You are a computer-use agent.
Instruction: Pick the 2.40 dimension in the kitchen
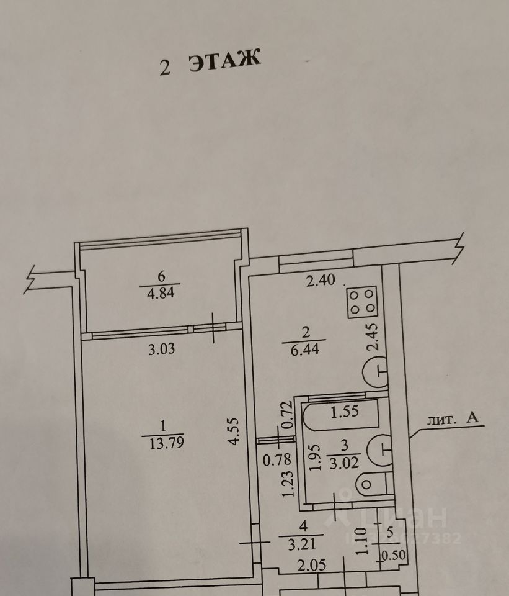point(321,281)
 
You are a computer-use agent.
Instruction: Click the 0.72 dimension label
point(286,413)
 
